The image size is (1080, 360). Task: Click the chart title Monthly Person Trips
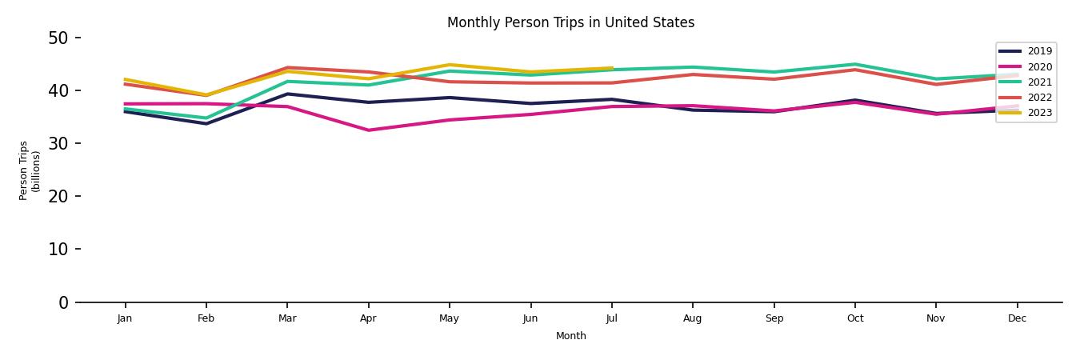click(570, 22)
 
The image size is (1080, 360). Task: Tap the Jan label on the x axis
click(125, 318)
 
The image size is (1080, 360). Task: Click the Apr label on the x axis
click(368, 318)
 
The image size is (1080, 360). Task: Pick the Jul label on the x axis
click(611, 318)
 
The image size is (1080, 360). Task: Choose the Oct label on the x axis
click(855, 318)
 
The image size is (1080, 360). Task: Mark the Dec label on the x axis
click(1017, 318)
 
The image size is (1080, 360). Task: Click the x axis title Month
click(571, 336)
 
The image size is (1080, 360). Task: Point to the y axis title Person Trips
click(30, 170)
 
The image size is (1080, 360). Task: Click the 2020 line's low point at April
click(368, 130)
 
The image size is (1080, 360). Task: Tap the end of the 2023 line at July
click(612, 68)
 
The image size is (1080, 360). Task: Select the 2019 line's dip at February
click(206, 123)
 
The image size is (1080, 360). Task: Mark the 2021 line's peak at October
click(855, 64)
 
